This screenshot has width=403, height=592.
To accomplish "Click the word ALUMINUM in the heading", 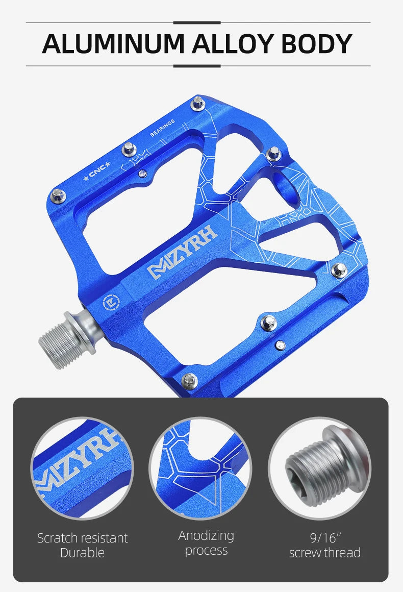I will coord(114,44).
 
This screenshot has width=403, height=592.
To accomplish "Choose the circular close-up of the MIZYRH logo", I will coord(83,468).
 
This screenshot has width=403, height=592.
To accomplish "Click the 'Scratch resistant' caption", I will coord(83,538).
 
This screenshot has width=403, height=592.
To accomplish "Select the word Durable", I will coord(82,553).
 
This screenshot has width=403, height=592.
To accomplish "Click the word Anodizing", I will coord(206,535).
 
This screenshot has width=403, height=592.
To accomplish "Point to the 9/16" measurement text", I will coord(325,537).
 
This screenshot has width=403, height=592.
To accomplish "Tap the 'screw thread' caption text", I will coord(325,553).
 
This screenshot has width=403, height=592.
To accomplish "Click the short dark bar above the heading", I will coord(197,22).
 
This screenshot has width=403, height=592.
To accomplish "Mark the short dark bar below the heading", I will coord(197,66).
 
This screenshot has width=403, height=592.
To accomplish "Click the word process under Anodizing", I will coord(206,551).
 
